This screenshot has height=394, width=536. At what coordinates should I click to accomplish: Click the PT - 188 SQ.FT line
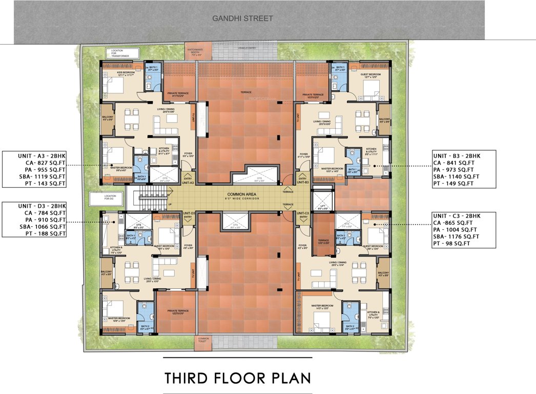click(35, 233)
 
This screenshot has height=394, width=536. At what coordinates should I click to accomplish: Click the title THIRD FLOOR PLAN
click(237, 378)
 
